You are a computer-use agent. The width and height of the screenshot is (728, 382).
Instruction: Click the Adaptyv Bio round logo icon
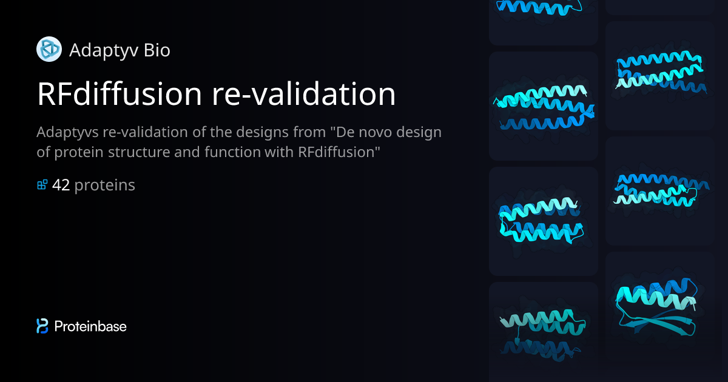pyautogui.click(x=49, y=49)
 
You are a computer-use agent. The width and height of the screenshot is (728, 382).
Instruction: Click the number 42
pyautogui.click(x=61, y=185)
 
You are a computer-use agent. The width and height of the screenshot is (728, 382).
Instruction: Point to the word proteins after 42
pyautogui.click(x=104, y=185)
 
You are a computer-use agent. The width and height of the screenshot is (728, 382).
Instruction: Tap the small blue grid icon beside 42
pyautogui.click(x=42, y=184)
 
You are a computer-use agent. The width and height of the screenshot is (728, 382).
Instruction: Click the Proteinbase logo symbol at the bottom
pyautogui.click(x=42, y=326)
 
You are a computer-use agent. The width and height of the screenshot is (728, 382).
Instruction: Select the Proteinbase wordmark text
pyautogui.click(x=90, y=326)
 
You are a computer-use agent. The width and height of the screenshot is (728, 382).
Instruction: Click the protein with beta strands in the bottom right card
pyautogui.click(x=659, y=306)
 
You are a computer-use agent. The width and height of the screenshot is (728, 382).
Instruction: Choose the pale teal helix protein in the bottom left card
pyautogui.click(x=540, y=330)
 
